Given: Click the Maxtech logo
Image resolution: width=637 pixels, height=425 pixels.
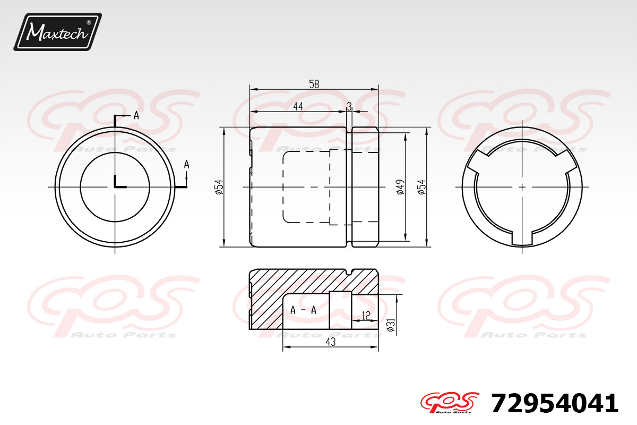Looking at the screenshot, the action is tap(58, 31).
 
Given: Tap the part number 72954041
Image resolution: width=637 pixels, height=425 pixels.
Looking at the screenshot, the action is tap(555, 403).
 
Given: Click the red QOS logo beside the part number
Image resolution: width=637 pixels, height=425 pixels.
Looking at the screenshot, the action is tap(450, 403).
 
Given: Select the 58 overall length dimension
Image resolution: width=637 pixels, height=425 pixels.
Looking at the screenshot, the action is tap(314, 84).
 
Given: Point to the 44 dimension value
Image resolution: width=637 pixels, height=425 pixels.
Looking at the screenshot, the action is tap(298, 106).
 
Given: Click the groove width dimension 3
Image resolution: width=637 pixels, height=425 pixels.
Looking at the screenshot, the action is tap(349, 106).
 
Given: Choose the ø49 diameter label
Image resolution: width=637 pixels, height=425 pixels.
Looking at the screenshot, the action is tap(400, 187).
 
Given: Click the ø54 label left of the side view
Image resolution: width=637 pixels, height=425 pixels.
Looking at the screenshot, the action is tap(219, 187).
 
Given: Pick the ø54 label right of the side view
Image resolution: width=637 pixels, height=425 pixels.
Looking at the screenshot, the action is tap(422, 187).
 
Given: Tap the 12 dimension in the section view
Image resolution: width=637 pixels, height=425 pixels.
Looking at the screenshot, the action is tap(366, 316).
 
